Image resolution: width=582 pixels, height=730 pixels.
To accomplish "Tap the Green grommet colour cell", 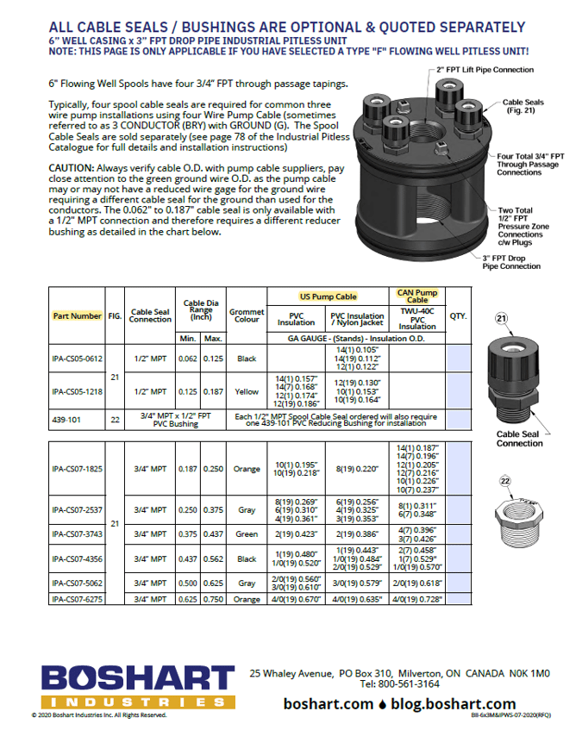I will (x=247, y=534).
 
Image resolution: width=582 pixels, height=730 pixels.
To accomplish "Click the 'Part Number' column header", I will (x=77, y=315).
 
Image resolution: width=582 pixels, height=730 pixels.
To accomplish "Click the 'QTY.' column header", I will (x=458, y=316).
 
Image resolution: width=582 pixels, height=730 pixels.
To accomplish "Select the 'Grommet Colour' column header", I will (x=247, y=315).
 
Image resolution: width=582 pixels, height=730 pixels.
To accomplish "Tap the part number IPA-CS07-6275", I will (x=77, y=598).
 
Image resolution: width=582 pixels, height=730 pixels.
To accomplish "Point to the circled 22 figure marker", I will (x=505, y=481).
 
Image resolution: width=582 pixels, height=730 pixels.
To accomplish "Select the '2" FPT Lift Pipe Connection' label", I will (x=484, y=70).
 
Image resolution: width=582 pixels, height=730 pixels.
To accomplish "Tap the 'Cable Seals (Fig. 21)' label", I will (x=523, y=106).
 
